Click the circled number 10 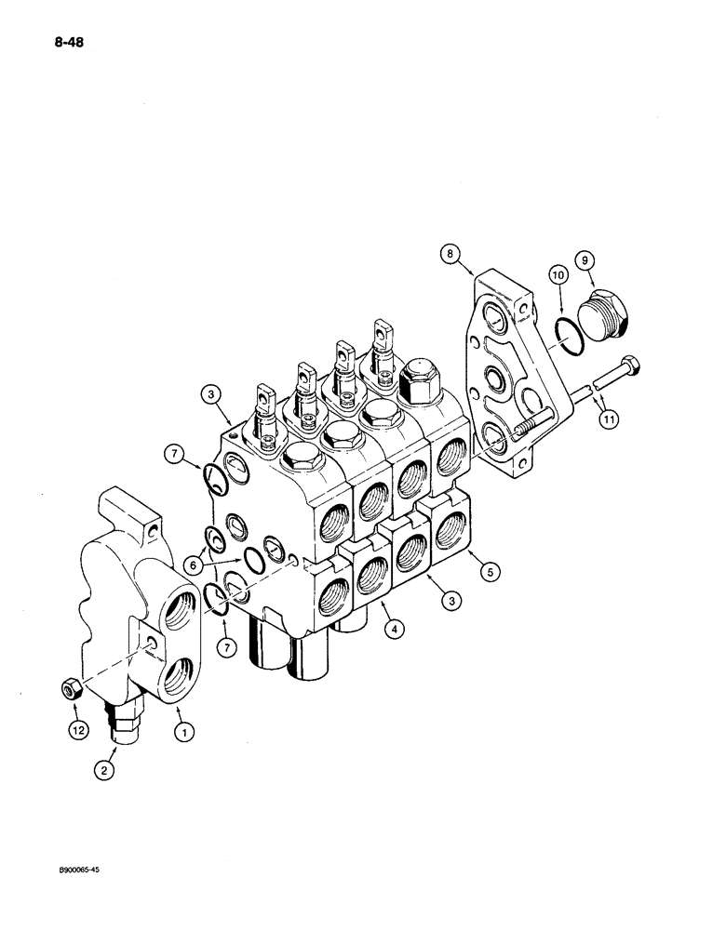[x=558, y=276]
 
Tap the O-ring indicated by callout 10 [x=568, y=336]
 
